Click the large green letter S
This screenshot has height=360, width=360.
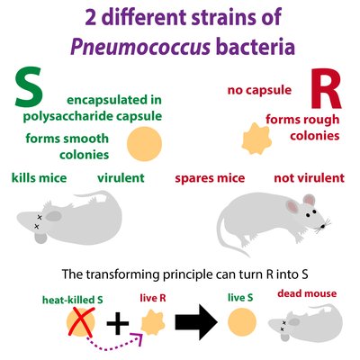click(x=29, y=87)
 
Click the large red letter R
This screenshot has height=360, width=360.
click(x=326, y=89)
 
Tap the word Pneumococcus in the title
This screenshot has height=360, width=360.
click(x=140, y=47)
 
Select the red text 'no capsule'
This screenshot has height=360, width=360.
click(x=259, y=90)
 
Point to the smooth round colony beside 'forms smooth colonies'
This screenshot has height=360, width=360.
click(x=145, y=144)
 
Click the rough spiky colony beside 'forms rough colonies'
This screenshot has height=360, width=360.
click(x=256, y=139)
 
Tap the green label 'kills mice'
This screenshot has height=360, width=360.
click(x=39, y=178)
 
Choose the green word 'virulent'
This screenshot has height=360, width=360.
click(x=121, y=178)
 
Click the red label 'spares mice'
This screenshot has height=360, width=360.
click(x=210, y=178)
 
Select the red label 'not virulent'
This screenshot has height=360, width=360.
click(x=310, y=178)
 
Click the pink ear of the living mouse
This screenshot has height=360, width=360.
click(x=292, y=206)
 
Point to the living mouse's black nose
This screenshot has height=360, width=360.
click(x=323, y=226)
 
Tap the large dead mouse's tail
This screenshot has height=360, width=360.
click(x=90, y=195)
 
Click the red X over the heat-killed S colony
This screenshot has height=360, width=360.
click(x=81, y=322)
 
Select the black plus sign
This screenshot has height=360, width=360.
click(x=118, y=323)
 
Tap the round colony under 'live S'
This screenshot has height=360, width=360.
click(x=242, y=322)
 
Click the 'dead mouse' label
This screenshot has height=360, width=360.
click(x=307, y=293)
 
